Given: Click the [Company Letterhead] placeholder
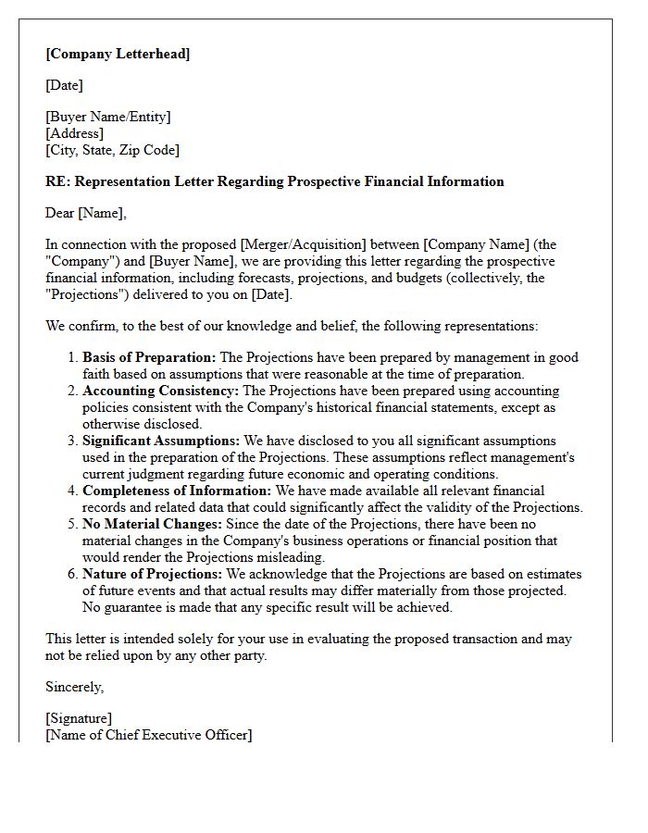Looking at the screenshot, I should tap(118, 54).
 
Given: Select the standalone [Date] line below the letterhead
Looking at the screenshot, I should tap(64, 85).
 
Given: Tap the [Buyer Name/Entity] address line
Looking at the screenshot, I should tap(108, 117).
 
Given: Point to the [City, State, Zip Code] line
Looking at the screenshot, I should tap(112, 150).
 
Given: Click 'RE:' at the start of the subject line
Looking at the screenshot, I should tap(57, 181).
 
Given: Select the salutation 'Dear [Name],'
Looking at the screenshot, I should tap(86, 213).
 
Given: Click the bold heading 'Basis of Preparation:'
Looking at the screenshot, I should tap(148, 357).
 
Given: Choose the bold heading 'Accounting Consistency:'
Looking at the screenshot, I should tap(160, 391).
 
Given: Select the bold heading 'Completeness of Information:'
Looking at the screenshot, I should tap(177, 491).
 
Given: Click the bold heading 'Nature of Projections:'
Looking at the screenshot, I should tap(151, 574).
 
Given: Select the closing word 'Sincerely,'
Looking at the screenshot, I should tap(75, 687).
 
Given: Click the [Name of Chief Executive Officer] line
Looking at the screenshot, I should tap(148, 735).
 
